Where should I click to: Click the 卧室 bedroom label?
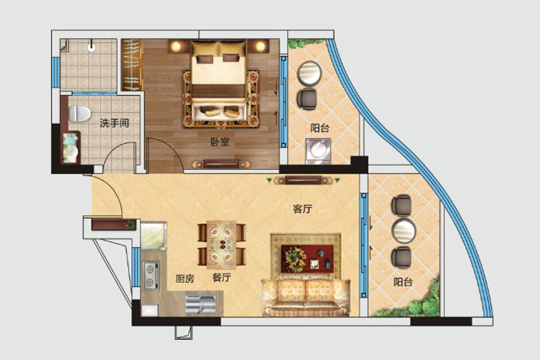(220, 142)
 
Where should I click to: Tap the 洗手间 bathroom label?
(114, 122)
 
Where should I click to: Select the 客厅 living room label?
(302, 209)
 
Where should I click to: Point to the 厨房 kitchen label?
(185, 279)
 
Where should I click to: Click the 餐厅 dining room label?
(222, 277)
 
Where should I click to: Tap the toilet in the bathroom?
(79, 114)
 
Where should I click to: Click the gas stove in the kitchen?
(151, 275)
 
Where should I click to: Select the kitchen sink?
(200, 305)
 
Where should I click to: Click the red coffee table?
(307, 258)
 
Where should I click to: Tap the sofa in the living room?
(306, 297)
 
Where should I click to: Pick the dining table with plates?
(222, 245)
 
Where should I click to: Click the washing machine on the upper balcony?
(318, 151)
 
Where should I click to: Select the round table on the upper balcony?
(310, 73)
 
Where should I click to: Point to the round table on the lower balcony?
(404, 230)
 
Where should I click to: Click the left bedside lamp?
(176, 46)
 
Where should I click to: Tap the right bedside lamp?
(261, 46)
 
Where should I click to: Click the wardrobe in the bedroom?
(132, 65)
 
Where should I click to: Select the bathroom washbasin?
(71, 148)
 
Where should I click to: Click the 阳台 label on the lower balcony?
(403, 282)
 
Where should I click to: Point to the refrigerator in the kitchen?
(153, 236)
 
